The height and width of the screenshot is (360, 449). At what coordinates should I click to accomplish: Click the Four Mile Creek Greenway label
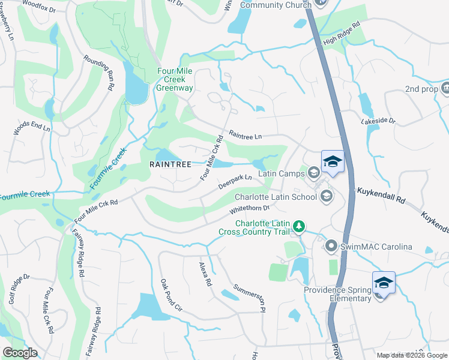175,79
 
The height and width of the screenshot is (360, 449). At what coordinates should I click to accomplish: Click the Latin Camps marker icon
313,173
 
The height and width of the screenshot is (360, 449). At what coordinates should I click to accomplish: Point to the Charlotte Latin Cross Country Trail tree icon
299,227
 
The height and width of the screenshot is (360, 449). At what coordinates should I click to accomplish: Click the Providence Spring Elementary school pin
383,282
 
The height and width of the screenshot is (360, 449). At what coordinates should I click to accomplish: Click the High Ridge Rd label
342,34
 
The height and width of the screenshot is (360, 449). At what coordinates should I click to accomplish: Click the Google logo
20,353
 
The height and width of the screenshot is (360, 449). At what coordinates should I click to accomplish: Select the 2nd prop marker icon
445,89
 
